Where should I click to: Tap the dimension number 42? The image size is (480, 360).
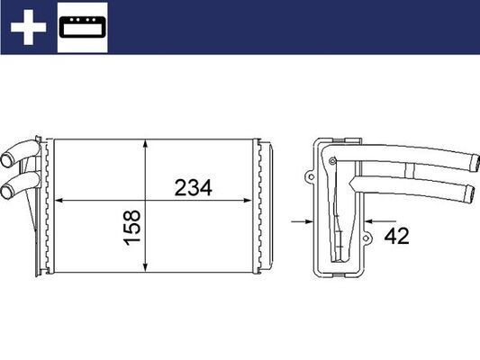click(396, 237)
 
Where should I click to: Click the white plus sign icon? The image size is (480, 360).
click(28, 28)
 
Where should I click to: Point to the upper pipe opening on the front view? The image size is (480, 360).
click(9, 163)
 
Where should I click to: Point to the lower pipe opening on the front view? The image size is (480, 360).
click(7, 191)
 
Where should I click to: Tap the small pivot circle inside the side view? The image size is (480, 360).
click(333, 162)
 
